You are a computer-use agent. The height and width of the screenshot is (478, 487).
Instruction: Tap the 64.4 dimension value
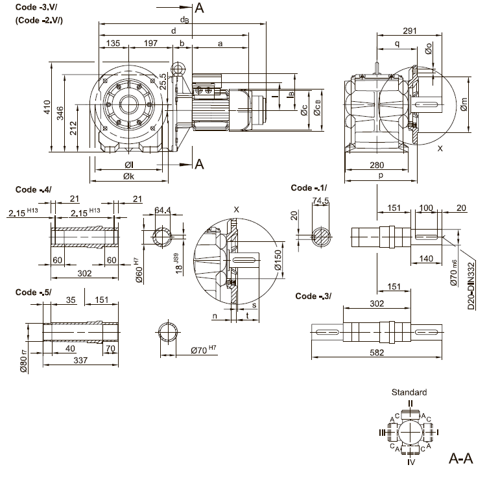(x=164, y=209)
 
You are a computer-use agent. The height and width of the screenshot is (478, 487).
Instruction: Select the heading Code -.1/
(x=309, y=188)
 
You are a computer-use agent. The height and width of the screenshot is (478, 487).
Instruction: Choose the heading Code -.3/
(x=313, y=296)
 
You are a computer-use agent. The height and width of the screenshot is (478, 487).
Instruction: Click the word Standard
(x=409, y=392)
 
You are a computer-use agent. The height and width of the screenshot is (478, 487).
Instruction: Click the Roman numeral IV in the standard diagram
(x=410, y=463)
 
